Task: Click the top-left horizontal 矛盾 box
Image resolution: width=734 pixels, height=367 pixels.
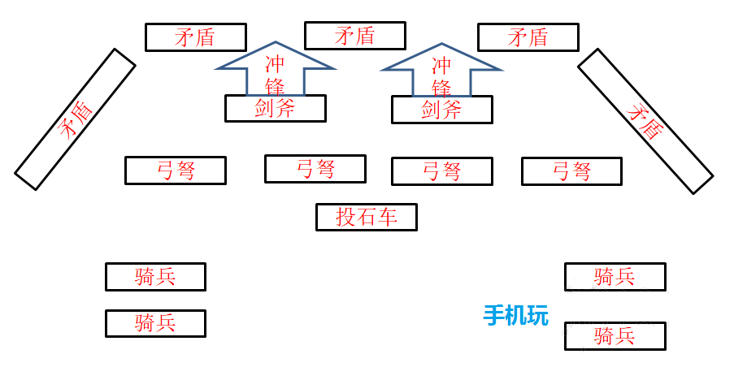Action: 195,37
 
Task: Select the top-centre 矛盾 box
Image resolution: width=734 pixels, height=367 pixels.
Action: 354,36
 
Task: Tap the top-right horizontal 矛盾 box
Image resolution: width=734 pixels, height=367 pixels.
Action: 528,37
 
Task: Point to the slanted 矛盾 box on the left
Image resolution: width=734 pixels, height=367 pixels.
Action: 75,119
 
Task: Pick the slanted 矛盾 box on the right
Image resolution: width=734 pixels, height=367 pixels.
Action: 645,121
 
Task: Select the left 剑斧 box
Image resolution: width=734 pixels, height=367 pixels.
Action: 275,108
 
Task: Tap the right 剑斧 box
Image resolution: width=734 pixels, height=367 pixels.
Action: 441,110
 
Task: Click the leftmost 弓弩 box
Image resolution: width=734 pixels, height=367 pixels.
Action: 175,171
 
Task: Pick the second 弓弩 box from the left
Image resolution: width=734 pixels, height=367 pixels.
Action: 315,169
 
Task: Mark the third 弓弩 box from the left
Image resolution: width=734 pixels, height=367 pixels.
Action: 441,171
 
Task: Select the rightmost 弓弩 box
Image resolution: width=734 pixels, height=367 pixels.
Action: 571,171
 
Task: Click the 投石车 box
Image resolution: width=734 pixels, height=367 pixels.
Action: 366,217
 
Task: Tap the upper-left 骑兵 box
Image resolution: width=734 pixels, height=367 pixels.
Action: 155,277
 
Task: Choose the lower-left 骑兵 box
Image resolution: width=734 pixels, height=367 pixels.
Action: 155,323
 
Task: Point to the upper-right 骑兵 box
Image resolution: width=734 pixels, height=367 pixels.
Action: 615,277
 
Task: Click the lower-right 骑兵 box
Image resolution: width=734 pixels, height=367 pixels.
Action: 615,336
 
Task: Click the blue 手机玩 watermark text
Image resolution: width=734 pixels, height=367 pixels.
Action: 516,315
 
